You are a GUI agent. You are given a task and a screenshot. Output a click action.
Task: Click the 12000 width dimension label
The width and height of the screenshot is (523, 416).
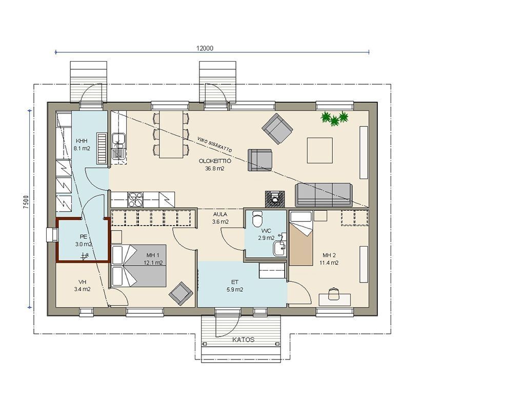(x=204, y=48)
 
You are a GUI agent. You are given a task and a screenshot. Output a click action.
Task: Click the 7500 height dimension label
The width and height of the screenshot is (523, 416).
(x=26, y=202)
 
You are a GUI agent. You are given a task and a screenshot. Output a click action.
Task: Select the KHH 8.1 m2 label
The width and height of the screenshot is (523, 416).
(x=82, y=145)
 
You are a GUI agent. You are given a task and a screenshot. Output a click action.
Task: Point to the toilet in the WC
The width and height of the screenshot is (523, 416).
(x=257, y=218)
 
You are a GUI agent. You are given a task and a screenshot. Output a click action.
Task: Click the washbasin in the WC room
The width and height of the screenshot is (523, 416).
(x=279, y=248)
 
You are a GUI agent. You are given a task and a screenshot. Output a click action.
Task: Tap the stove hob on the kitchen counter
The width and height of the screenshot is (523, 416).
(x=135, y=200)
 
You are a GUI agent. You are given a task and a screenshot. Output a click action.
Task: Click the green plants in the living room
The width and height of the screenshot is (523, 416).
(x=334, y=119)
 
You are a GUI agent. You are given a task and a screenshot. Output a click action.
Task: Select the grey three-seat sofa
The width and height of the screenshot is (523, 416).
(x=324, y=195)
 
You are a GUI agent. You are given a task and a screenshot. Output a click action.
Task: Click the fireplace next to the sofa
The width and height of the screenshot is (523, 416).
(x=275, y=199)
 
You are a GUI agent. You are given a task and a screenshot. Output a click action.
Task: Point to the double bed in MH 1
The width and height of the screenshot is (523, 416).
(x=139, y=266)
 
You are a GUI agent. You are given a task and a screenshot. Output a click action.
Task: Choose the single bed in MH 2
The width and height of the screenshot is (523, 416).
(x=301, y=238)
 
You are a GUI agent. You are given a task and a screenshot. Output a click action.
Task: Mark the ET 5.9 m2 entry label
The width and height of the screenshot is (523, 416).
(x=235, y=286)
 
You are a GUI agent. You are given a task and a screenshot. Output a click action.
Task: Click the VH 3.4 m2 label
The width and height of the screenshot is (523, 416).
(x=83, y=286)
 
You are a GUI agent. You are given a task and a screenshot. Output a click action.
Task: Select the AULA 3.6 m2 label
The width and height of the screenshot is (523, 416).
(x=220, y=218)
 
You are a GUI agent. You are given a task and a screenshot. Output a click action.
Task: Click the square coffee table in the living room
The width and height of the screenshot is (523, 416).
(x=320, y=150)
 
